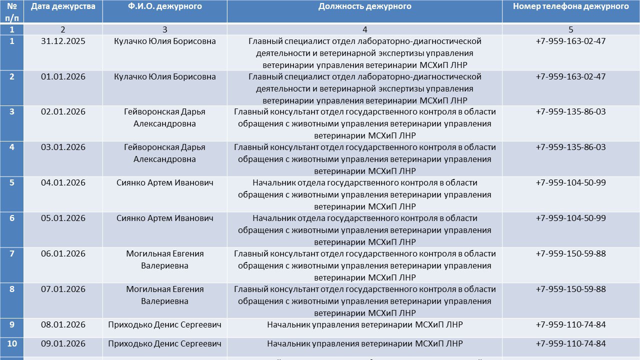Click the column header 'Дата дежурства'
63,6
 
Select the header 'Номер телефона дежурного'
570,6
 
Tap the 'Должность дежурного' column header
364,6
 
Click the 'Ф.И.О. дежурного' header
165,6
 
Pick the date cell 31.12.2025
63,41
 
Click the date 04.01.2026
63,182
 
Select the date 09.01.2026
63,344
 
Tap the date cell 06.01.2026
63,253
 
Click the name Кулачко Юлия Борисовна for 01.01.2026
165,76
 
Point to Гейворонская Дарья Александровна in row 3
165,117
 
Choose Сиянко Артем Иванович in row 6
165,218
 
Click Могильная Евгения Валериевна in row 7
165,259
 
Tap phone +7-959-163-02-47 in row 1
570,41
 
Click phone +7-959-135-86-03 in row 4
570,147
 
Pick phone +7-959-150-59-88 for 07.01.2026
570,289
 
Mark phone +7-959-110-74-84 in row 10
570,344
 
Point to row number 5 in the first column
12,182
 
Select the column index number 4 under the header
364,29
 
